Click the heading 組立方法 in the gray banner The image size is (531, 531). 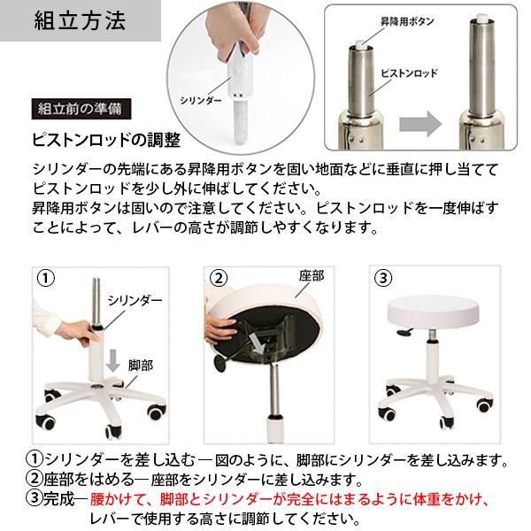[80, 20]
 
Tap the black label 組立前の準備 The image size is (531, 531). [81, 109]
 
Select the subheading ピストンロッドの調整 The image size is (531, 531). [106, 140]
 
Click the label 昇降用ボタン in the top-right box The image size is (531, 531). [407, 21]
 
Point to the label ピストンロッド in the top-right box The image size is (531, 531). [409, 73]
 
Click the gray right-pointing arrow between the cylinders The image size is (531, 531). [420, 124]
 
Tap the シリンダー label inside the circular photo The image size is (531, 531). [201, 101]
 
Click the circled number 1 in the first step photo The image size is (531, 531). [45, 279]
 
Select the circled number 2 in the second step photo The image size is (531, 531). [219, 278]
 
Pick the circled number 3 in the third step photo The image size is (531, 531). [383, 278]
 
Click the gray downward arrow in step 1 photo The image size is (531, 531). [113, 361]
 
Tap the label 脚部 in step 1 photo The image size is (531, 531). [140, 366]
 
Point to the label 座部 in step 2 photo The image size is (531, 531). [312, 276]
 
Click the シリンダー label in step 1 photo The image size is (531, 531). [135, 300]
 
